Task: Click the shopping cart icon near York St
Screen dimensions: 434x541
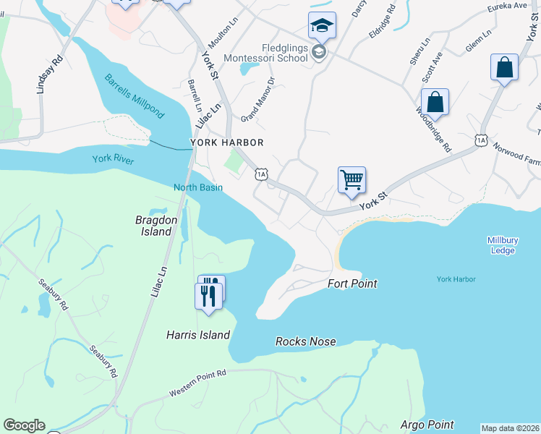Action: [x=352, y=179]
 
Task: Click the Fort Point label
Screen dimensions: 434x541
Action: [x=352, y=284]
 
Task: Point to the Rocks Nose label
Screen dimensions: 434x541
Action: [x=305, y=341]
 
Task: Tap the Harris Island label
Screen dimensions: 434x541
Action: [x=197, y=335]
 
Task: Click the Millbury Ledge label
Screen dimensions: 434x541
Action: [x=500, y=245]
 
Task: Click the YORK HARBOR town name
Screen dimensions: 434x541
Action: [x=226, y=143]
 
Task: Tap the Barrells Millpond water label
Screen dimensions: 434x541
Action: [x=135, y=96]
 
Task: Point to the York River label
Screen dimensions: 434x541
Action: [x=113, y=159]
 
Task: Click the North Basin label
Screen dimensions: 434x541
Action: [x=197, y=187]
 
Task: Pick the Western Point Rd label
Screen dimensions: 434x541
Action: [x=197, y=383]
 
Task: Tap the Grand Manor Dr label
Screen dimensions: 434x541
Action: [x=258, y=99]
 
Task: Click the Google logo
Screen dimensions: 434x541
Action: [x=24, y=425]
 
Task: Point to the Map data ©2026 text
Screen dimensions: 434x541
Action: [x=510, y=428]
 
